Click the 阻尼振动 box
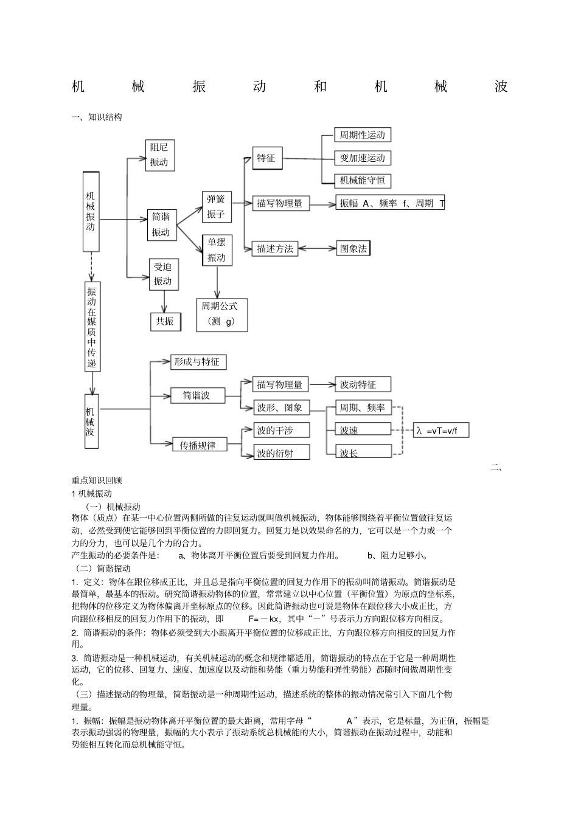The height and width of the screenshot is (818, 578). [159, 155]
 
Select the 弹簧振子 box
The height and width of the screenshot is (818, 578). [216, 207]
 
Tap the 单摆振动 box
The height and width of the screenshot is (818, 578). [217, 250]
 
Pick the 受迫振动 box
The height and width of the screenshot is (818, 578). [163, 274]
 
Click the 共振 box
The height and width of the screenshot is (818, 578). [165, 322]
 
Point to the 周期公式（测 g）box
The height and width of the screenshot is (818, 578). [221, 314]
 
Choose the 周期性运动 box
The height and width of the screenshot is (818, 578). [362, 135]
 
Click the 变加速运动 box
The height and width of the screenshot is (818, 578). [362, 158]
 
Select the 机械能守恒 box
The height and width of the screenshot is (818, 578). [362, 181]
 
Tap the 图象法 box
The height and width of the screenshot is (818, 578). [353, 248]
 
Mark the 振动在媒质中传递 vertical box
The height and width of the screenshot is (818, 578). [92, 327]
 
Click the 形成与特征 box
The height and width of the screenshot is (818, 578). [197, 362]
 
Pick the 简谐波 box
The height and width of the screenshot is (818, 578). [197, 396]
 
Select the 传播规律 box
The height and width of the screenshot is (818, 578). [198, 445]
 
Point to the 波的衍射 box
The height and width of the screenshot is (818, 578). [282, 452]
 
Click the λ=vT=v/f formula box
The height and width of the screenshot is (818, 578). [442, 431]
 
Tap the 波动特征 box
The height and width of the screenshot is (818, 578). [362, 385]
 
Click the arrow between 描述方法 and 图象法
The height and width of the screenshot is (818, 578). [317, 248]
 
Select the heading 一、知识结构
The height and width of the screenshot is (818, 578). [97, 117]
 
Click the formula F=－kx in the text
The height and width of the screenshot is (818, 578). [263, 619]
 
